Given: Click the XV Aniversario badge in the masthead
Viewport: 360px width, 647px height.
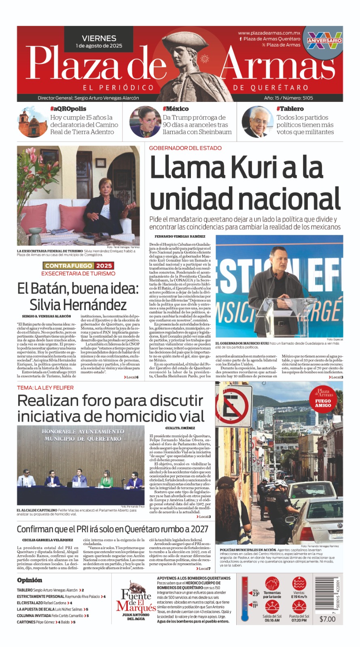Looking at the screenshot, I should pyautogui.click(x=324, y=40).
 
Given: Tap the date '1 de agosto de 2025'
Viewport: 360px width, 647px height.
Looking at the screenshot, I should pyautogui.click(x=99, y=46).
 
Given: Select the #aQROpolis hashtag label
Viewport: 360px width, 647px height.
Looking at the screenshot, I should pyautogui.click(x=68, y=109).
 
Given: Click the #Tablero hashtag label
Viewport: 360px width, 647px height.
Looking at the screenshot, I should pyautogui.click(x=290, y=109).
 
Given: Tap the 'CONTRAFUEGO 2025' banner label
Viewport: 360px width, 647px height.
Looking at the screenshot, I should pyautogui.click(x=78, y=266).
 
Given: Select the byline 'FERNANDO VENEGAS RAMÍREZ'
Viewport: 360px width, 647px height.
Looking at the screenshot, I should pyautogui.click(x=180, y=236).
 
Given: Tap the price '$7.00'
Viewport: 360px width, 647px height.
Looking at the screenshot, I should pyautogui.click(x=327, y=619).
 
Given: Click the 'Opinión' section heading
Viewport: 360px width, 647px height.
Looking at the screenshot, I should pyautogui.click(x=30, y=580).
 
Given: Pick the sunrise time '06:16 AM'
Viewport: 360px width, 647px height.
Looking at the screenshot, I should pyautogui.click(x=272, y=620).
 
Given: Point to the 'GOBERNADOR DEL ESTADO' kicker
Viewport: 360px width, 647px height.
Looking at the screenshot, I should pyautogui.click(x=185, y=148).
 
